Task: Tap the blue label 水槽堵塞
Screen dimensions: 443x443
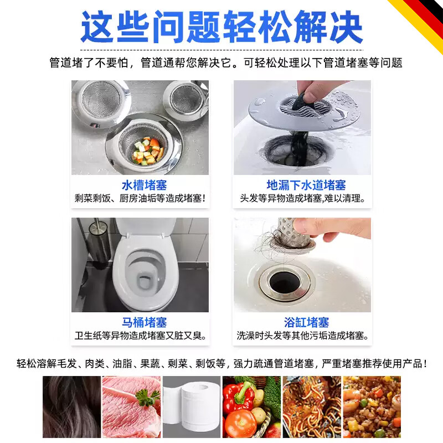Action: click(144, 185)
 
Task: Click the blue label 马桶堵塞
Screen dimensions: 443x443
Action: click(144, 322)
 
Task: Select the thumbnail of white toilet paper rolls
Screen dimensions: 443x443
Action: click(191, 407)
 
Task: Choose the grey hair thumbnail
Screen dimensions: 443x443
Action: click(70, 407)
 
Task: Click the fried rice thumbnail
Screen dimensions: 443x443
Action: click(372, 407)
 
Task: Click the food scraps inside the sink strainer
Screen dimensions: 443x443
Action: click(148, 150)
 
